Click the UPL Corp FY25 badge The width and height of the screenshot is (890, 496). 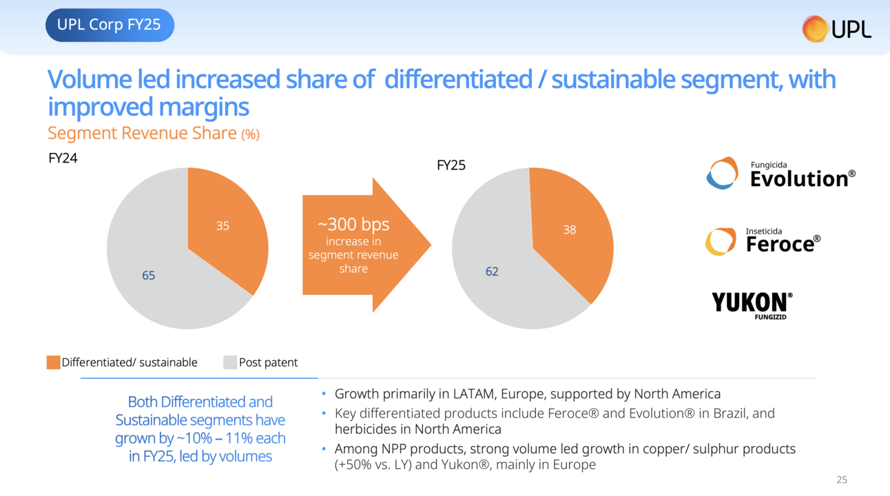point(109,25)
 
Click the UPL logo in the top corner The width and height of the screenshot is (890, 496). point(836,28)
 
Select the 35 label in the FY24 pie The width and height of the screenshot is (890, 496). point(222,225)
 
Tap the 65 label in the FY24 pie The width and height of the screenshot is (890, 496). point(149,276)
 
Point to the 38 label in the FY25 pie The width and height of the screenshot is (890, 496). point(569,230)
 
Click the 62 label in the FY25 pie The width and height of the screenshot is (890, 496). point(492,271)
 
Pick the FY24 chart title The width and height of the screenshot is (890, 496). point(63,158)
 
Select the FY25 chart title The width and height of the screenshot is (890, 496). point(451,165)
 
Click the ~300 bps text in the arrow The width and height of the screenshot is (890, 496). point(353,225)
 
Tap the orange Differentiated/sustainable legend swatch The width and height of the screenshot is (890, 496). point(53,362)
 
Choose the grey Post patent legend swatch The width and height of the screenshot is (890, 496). point(230,362)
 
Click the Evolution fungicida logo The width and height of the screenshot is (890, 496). point(780,174)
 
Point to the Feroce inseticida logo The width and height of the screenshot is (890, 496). point(763,241)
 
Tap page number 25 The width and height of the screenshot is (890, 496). point(841,479)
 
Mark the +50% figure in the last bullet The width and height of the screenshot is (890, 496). point(353,464)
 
